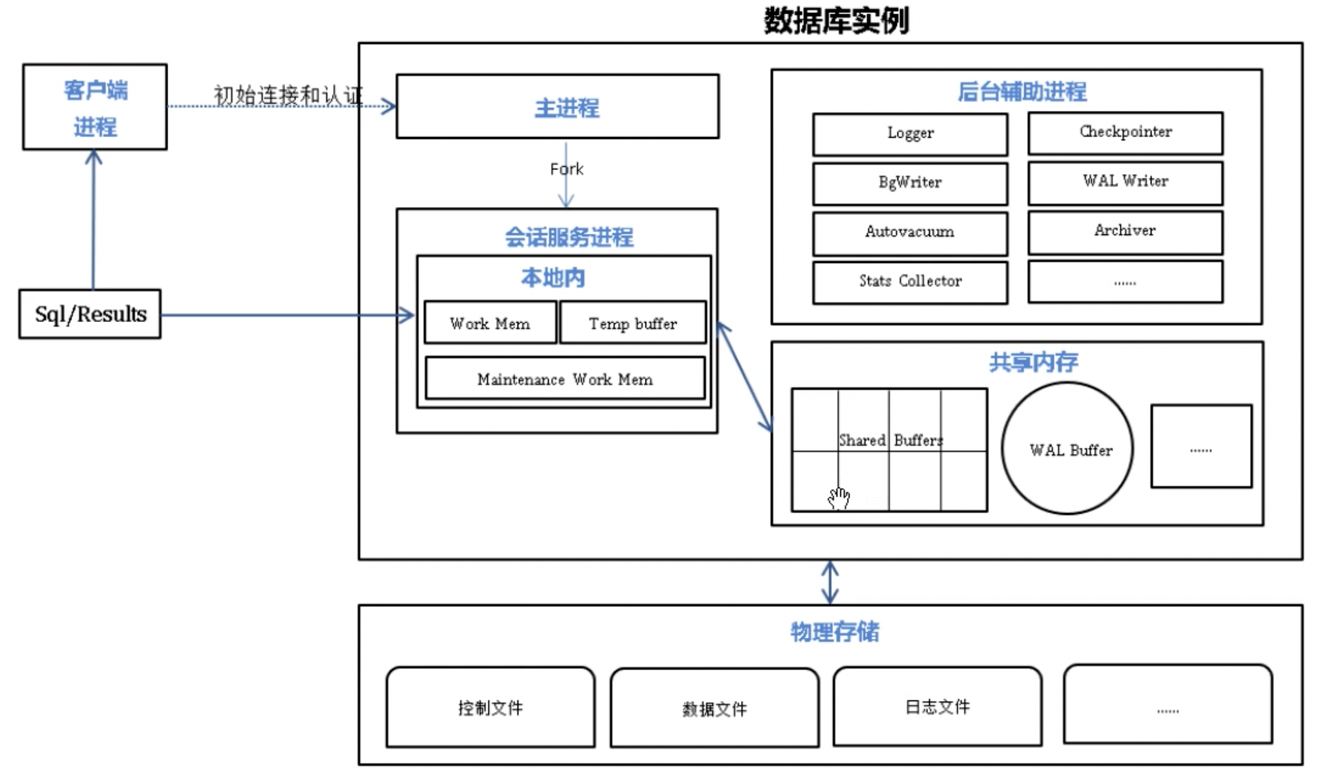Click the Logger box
pyautogui.click(x=910, y=134)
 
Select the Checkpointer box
pyautogui.click(x=1125, y=133)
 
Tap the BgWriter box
pyautogui.click(x=910, y=184)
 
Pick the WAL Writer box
pyautogui.click(x=1125, y=182)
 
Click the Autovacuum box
pyautogui.click(x=910, y=233)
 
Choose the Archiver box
pyautogui.click(x=1125, y=232)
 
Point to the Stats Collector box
pyautogui.click(x=910, y=282)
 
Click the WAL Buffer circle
pyautogui.click(x=1068, y=448)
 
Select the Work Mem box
pyautogui.click(x=490, y=322)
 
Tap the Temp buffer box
pyautogui.click(x=633, y=322)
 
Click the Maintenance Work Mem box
pyautogui.click(x=565, y=378)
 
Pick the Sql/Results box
pyautogui.click(x=90, y=314)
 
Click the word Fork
pyautogui.click(x=566, y=169)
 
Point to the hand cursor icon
pyautogui.click(x=839, y=498)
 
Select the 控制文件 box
pyautogui.click(x=490, y=707)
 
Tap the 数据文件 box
pyautogui.click(x=714, y=708)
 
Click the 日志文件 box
pyautogui.click(x=938, y=706)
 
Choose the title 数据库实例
pyautogui.click(x=836, y=21)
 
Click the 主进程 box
pyautogui.click(x=558, y=106)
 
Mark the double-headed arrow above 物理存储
pyautogui.click(x=830, y=582)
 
